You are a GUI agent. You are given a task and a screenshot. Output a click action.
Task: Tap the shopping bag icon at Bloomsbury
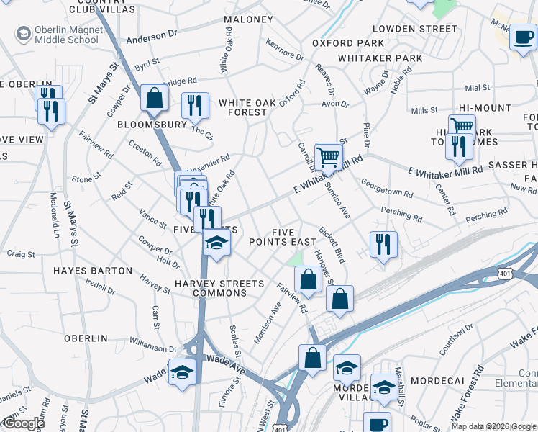coord(154,99)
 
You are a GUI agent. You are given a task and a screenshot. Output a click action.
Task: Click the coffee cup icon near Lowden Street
coord(523,37)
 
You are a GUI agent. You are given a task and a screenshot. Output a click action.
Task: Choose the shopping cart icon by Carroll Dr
coord(328,156)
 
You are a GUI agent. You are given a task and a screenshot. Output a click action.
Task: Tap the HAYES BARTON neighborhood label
coord(93,271)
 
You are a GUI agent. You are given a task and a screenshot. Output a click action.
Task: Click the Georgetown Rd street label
coord(386,189)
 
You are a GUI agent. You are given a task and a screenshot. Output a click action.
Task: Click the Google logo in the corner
coord(23,424)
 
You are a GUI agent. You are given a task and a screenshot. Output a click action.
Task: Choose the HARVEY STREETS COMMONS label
coord(211,288)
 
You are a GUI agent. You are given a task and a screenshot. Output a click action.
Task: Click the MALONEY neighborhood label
coord(248,19)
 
